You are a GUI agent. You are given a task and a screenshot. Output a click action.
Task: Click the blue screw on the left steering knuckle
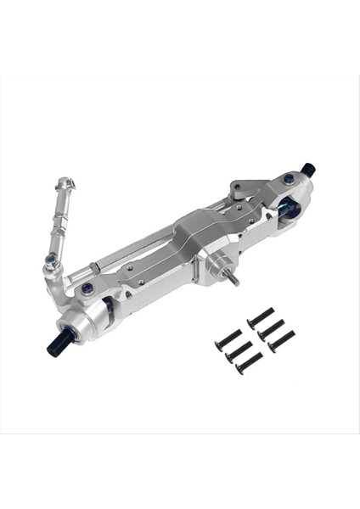[x=87, y=288]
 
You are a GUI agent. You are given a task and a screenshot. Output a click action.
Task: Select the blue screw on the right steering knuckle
[x=289, y=179]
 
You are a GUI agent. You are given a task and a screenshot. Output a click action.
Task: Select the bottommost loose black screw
[x=249, y=364]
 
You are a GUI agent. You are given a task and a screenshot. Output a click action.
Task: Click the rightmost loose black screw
[x=281, y=340]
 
